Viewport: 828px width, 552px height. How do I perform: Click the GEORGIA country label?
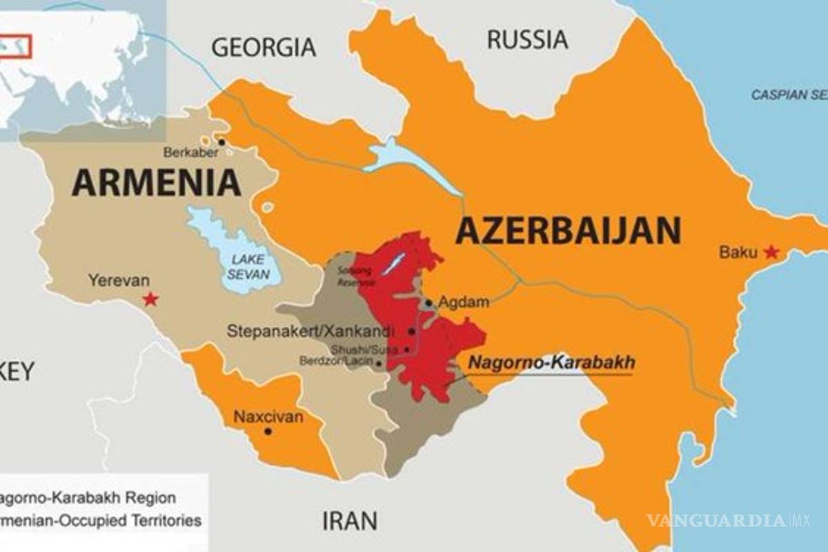[264, 47]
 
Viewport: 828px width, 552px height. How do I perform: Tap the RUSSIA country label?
[528, 39]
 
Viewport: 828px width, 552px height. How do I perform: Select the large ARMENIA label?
[157, 183]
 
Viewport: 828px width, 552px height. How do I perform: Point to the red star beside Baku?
[771, 252]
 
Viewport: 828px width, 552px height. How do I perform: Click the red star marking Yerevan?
[150, 299]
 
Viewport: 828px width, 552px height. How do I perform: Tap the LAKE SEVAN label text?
[248, 266]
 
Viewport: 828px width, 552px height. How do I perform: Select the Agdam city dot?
[428, 302]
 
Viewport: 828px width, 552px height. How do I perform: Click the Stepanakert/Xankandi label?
[311, 331]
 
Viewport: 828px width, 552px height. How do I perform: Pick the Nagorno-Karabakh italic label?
[551, 363]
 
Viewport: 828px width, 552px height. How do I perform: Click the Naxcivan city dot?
[268, 431]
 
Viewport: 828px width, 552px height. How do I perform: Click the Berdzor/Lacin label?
[335, 361]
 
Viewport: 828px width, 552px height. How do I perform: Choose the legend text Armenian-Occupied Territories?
[100, 520]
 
